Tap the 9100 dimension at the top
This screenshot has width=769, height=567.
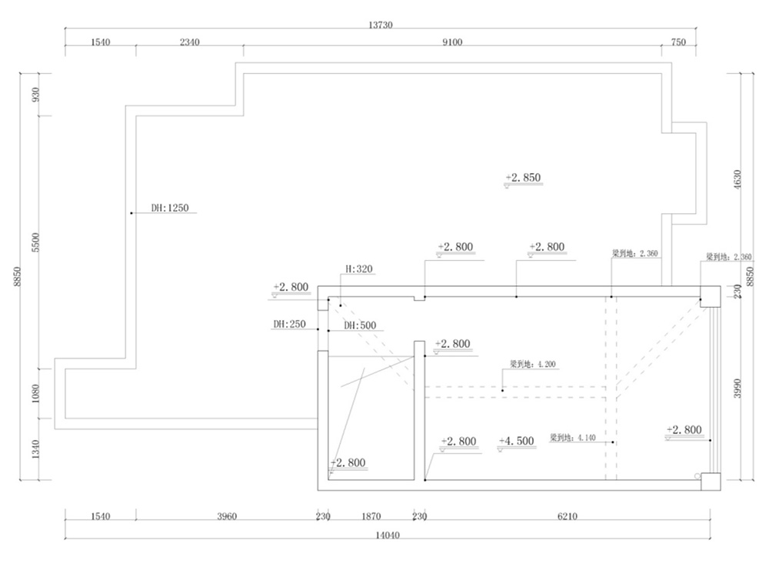coord(452,43)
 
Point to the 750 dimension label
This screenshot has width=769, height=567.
coord(678,43)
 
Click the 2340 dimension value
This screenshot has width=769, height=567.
coord(189,43)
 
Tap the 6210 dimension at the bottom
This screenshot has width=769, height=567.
coord(567,516)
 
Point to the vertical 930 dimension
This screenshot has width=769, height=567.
coord(35,95)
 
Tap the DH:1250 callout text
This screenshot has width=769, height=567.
coord(170,208)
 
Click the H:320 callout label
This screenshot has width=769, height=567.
coord(358,269)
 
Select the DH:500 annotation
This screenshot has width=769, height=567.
coord(360,326)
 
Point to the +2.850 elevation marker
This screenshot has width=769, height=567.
coord(523,178)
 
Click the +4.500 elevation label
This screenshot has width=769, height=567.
coord(516,442)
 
